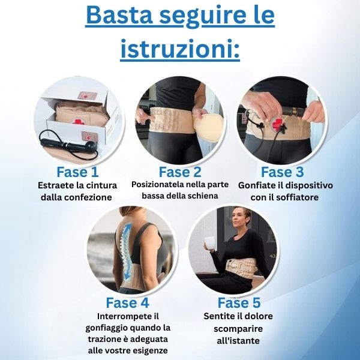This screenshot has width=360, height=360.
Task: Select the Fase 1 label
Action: [x=77, y=172]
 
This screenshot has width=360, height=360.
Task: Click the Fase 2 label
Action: [x=180, y=172]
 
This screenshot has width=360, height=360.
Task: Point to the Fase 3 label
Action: [x=283, y=172]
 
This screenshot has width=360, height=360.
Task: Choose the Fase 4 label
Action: [x=127, y=302]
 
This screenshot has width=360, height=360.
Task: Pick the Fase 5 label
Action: [x=239, y=302]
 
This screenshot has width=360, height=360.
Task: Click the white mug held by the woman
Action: [x=209, y=243]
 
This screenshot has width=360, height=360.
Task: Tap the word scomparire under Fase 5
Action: [x=238, y=329]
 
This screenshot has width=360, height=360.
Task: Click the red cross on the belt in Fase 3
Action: [x=275, y=125]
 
